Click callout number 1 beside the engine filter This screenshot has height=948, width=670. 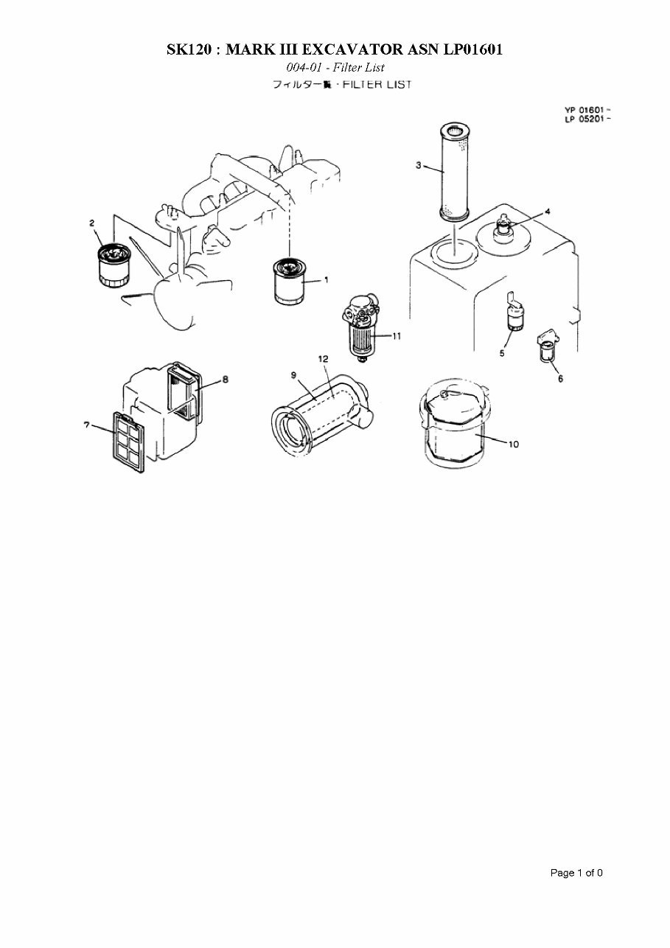(x=325, y=280)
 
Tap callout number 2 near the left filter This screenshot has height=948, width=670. (x=92, y=223)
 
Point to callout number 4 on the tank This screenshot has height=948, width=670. (x=548, y=212)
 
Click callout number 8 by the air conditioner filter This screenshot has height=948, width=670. (x=226, y=379)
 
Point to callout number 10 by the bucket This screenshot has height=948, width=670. (x=514, y=444)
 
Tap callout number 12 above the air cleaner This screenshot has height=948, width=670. (x=323, y=358)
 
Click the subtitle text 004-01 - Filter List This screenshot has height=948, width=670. (x=335, y=68)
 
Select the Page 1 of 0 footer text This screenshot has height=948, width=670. (x=576, y=873)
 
